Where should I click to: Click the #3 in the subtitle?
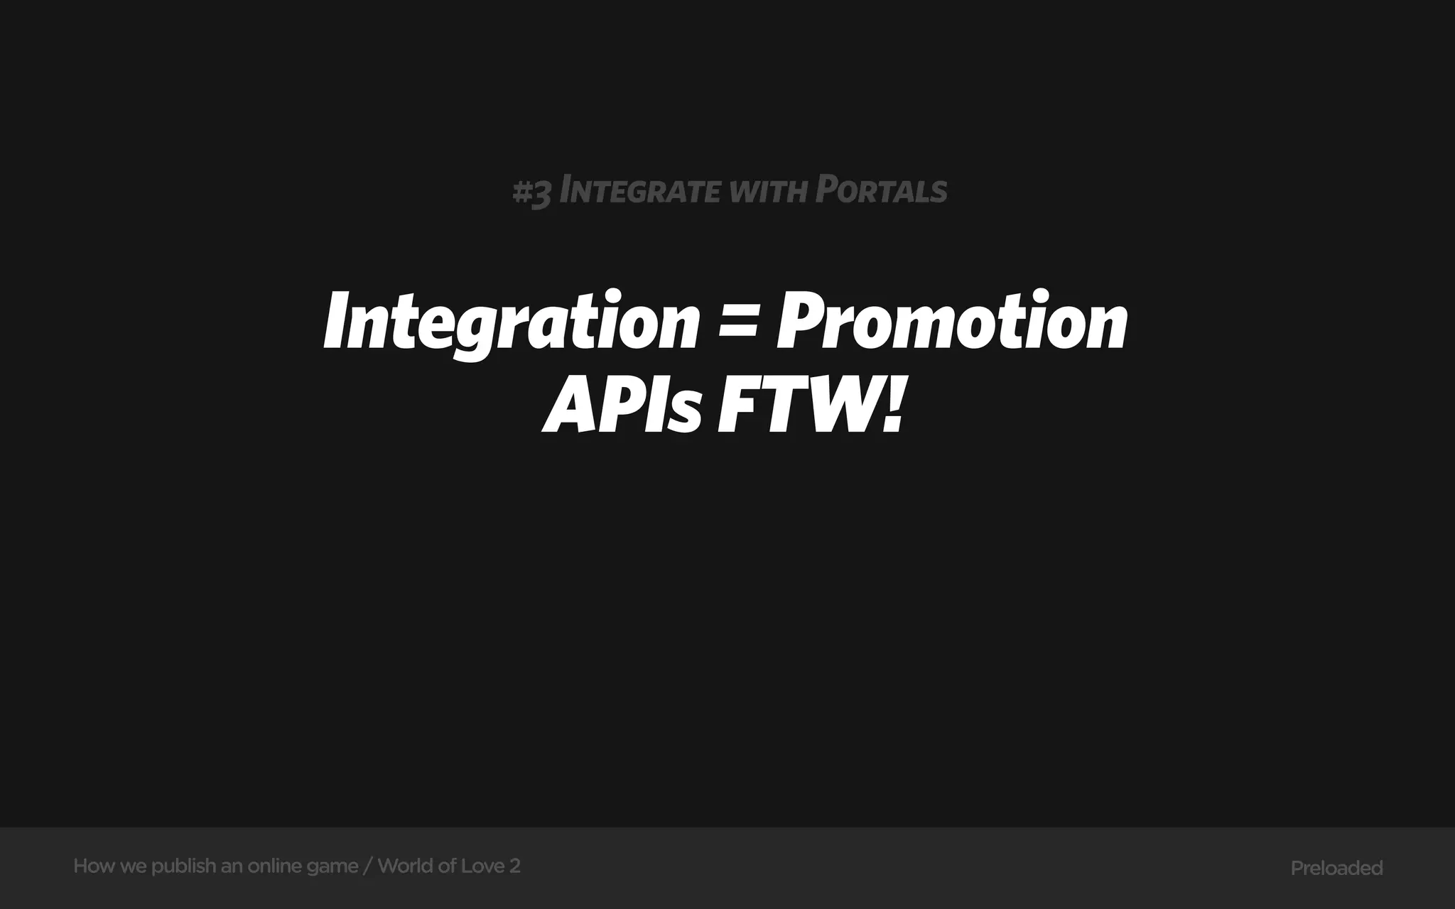click(531, 192)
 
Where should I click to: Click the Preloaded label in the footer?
click(1336, 868)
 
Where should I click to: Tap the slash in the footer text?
click(367, 866)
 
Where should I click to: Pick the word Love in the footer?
click(482, 866)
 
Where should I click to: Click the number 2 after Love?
click(515, 866)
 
